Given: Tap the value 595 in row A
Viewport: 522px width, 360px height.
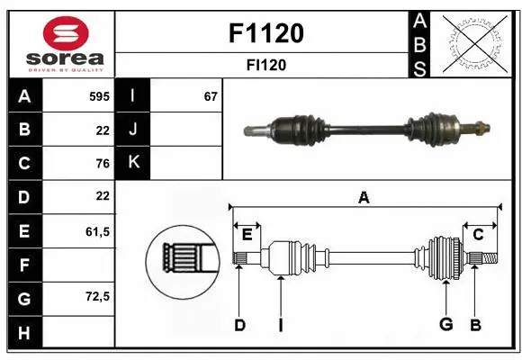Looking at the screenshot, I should [99, 96].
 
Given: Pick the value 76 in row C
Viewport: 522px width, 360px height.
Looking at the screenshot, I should [102, 163].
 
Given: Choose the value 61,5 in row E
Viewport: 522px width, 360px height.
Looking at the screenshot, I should [97, 231].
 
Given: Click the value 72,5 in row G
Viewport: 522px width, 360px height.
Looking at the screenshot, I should [97, 298].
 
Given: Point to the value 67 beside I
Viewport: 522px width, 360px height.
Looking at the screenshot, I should [211, 96].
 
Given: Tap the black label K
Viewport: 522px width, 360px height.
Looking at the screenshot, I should [133, 163].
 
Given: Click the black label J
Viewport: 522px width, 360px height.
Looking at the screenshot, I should [133, 130].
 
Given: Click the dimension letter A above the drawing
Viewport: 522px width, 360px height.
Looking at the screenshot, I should [364, 197].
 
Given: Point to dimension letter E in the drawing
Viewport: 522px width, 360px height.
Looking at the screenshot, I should [247, 235].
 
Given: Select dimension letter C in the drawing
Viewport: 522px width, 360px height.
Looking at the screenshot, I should [478, 235].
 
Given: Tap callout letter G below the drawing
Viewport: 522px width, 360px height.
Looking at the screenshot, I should [445, 325].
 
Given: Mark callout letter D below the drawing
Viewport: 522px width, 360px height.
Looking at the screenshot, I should [239, 325].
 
